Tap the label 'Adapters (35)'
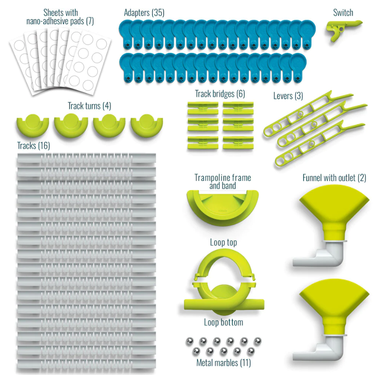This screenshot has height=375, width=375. [144, 13]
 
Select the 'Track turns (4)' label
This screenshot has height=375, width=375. [89, 106]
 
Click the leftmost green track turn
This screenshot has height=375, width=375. [32, 125]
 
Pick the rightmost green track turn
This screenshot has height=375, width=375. [147, 125]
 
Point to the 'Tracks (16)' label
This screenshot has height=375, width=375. [34, 146]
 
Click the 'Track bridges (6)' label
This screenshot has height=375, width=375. [220, 94]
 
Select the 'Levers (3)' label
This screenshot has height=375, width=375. [288, 96]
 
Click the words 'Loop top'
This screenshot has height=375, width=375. [224, 242]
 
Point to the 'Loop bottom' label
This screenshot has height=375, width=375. [224, 322]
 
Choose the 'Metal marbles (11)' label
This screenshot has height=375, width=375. [224, 363]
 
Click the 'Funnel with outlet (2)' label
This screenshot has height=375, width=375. [334, 178]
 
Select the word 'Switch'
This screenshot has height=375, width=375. [343, 13]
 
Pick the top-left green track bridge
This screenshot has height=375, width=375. [203, 108]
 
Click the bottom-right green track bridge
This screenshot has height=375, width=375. [238, 143]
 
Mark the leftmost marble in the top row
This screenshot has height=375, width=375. [189, 341]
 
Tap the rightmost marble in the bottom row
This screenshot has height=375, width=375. [251, 351]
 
